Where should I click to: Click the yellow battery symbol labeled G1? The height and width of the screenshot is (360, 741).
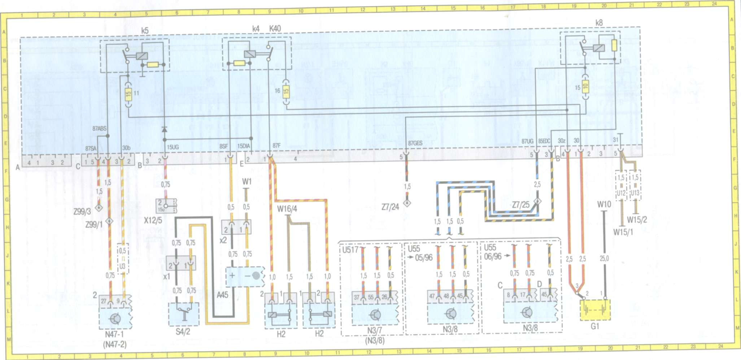tap(595, 309)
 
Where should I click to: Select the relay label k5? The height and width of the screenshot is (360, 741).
tap(145, 31)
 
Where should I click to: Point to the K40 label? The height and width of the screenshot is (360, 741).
tap(275, 29)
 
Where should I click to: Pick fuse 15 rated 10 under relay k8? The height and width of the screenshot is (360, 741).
tap(585, 87)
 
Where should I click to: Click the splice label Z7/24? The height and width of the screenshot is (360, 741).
tap(390, 207)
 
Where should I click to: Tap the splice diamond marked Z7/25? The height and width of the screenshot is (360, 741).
tap(537, 201)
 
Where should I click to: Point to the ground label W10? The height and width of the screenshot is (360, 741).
tap(604, 204)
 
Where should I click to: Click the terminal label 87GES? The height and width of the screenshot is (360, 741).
tap(415, 143)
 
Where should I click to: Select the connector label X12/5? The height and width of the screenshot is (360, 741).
tap(153, 220)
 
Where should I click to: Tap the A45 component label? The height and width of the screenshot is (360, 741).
tap(222, 295)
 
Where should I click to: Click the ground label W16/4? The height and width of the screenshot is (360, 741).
tap(287, 209)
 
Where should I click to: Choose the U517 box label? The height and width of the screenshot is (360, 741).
tap(350, 250)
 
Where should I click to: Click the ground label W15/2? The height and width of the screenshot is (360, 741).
tap(637, 220)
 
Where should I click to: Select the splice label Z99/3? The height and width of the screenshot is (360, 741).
tap(82, 212)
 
